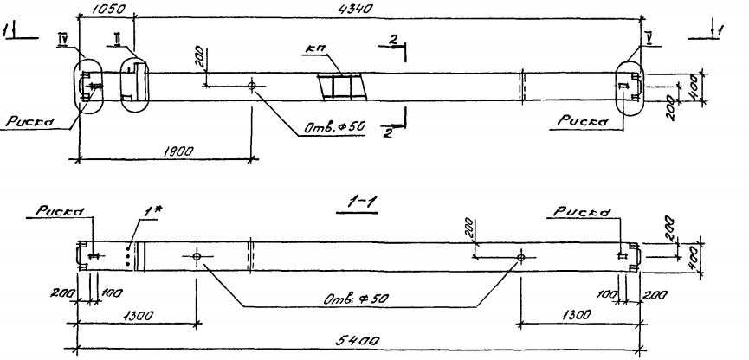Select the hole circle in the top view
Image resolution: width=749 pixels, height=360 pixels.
coord(252,87)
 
